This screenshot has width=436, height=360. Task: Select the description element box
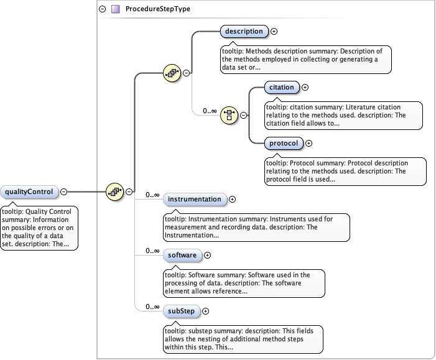[244, 31]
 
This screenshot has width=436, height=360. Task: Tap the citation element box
[281, 88]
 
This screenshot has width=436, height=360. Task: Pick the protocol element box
[284, 144]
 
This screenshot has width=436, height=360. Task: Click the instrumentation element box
[195, 200]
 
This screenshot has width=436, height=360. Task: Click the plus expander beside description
[274, 31]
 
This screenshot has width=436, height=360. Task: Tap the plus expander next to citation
[305, 88]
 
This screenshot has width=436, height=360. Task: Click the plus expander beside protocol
[309, 144]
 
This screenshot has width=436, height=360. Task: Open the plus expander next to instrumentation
[233, 200]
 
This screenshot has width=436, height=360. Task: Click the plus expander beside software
[208, 255]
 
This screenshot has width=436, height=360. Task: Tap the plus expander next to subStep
[205, 311]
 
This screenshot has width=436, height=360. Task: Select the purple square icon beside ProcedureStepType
[114, 9]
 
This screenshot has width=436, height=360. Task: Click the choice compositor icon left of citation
[230, 115]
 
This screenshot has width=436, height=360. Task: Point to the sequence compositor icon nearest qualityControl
[114, 192]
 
